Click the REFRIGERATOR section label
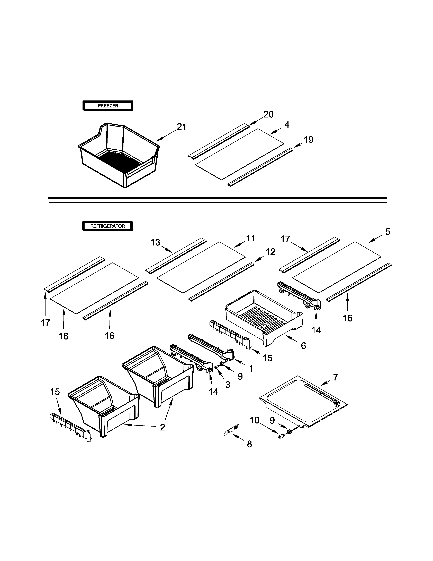[x=107, y=226]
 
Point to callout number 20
[x=269, y=114]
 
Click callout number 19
[x=309, y=140]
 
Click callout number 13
[x=155, y=242]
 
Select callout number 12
[x=270, y=252]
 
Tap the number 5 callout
[x=388, y=232]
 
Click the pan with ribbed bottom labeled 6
[x=264, y=316]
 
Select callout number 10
[x=255, y=420]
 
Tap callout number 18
[x=64, y=336]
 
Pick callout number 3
[x=228, y=385]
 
